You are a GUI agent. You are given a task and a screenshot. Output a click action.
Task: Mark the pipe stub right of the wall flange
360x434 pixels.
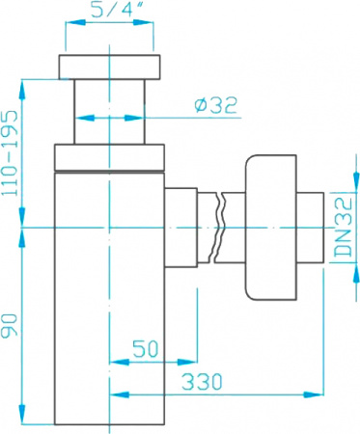point(309,226)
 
